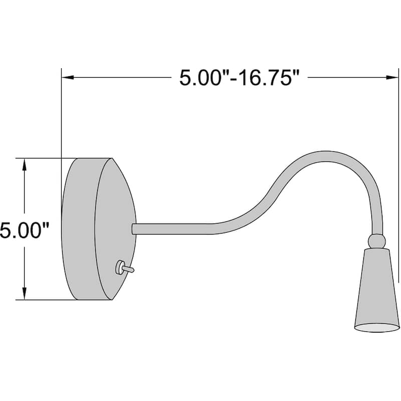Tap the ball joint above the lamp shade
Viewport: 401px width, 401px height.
[x=377, y=241]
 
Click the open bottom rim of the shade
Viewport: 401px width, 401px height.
[x=377, y=327]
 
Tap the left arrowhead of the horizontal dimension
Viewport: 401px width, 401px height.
[x=66, y=78]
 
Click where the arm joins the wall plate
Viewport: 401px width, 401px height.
[x=134, y=229]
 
